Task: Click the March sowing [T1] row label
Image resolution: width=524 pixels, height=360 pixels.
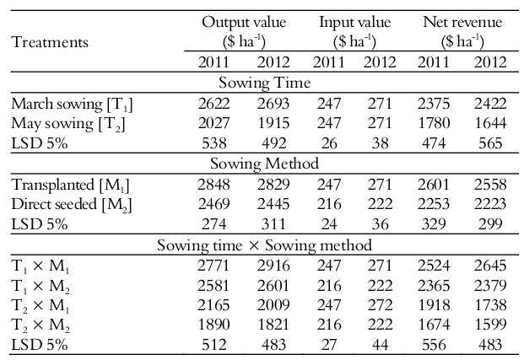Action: tap(73, 104)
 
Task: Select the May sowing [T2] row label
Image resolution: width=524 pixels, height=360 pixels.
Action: tap(67, 123)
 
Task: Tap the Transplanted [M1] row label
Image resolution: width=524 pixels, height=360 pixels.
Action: tap(71, 185)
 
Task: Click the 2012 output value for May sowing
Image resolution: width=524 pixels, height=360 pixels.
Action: tap(273, 123)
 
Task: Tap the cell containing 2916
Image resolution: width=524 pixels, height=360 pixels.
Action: tap(273, 266)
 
